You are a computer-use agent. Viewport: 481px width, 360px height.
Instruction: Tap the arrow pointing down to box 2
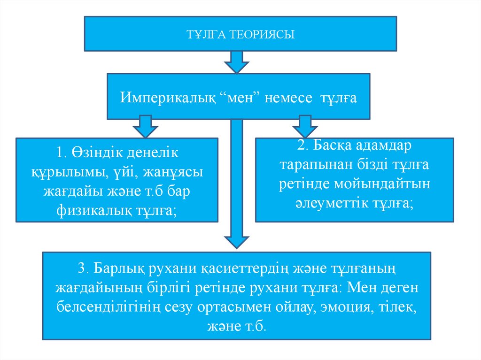click(x=305, y=127)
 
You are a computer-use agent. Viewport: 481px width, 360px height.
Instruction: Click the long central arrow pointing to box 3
click(x=236, y=183)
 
